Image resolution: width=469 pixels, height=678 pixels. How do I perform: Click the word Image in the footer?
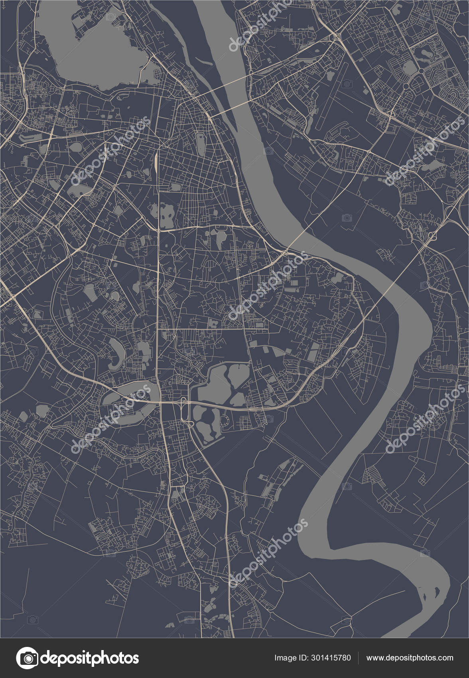tap(286, 658)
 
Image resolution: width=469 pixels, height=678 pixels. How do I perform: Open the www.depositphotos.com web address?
tap(410, 658)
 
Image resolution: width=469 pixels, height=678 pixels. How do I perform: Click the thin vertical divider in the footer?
tap(358, 658)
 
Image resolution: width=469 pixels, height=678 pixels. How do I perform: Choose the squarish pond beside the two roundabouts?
tap(408, 68)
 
